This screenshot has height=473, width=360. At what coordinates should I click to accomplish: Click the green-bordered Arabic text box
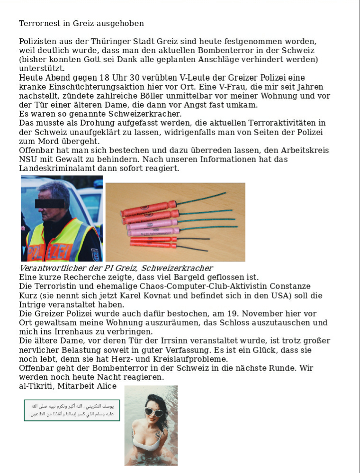pyautogui.click(x=72, y=410)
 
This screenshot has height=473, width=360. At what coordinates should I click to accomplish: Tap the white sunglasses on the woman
pyautogui.click(x=153, y=411)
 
